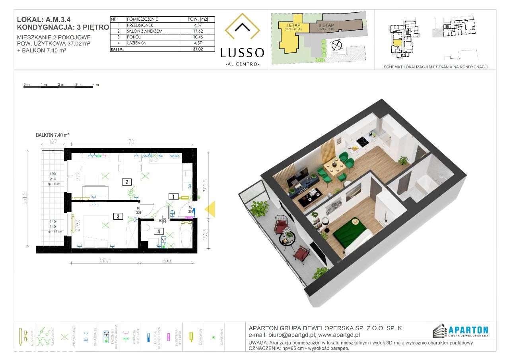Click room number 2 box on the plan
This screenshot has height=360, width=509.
(126, 182)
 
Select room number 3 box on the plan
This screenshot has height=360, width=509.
(118, 217)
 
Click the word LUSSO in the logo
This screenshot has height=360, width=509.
(242, 52)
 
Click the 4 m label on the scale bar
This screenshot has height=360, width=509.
(95, 85)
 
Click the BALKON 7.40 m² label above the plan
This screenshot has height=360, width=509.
(52, 135)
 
